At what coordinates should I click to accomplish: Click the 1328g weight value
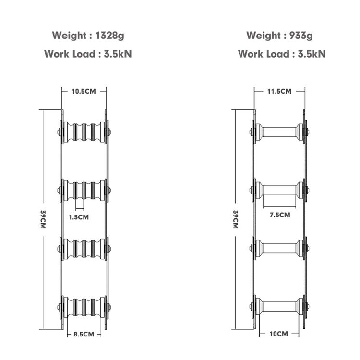(109, 36)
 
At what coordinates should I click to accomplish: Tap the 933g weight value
(301, 36)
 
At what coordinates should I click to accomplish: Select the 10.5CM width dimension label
(84, 91)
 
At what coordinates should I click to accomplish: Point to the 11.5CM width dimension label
(279, 91)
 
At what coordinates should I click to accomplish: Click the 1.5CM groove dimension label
(79, 217)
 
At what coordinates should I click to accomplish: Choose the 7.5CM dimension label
(280, 215)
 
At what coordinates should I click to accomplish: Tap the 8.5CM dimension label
(84, 334)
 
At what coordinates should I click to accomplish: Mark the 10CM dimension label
(279, 334)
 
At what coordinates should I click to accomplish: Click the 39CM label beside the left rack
(43, 219)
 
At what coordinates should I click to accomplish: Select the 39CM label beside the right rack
(236, 219)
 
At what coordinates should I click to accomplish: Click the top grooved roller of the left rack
(84, 132)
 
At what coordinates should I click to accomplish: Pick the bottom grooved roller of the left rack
(84, 307)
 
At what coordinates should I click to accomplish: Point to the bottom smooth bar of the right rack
(279, 306)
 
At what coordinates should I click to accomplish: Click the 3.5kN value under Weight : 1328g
(118, 54)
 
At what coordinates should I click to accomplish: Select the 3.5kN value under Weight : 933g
(312, 54)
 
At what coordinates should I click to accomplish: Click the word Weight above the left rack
(69, 36)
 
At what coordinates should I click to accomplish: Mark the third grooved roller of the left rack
(84, 249)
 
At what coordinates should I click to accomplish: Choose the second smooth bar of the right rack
(279, 191)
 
